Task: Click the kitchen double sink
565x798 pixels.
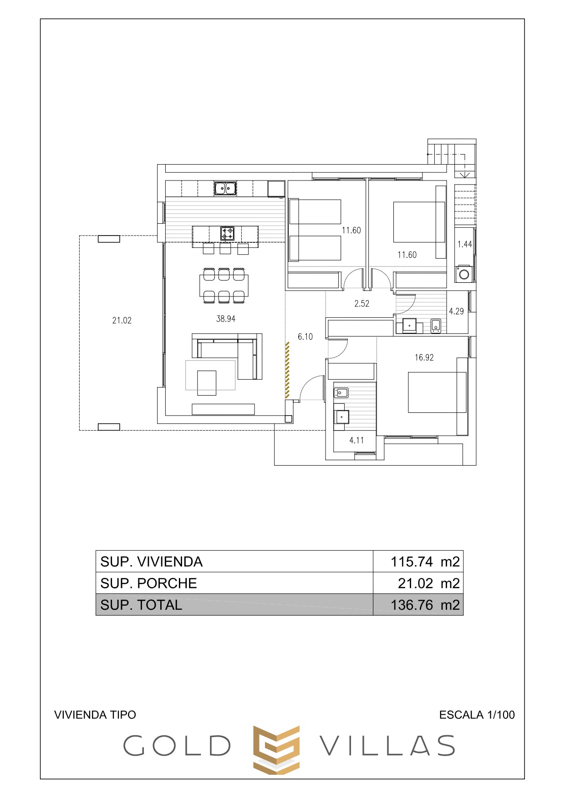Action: coord(225,188)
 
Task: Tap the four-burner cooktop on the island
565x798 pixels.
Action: coord(227,233)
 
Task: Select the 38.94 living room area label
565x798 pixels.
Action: coord(226,319)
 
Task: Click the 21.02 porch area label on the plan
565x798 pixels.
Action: coord(122,320)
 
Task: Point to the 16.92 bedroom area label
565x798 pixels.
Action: coord(424,357)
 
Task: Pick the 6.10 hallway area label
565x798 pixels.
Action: coord(305,336)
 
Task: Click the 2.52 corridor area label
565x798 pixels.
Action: coord(362,303)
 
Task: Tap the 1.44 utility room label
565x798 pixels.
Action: coord(465,244)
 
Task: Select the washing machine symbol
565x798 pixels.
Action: coord(464,274)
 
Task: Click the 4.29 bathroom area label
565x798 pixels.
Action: coord(456,311)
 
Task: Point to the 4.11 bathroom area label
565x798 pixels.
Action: coord(356,440)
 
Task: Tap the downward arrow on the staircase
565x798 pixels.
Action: coord(464,166)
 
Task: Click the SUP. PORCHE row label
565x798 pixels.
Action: coord(148,583)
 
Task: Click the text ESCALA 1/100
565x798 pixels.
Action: coord(477,715)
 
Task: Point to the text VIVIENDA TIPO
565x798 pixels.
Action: coord(95,715)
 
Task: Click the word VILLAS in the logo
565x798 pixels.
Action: coord(387,746)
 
